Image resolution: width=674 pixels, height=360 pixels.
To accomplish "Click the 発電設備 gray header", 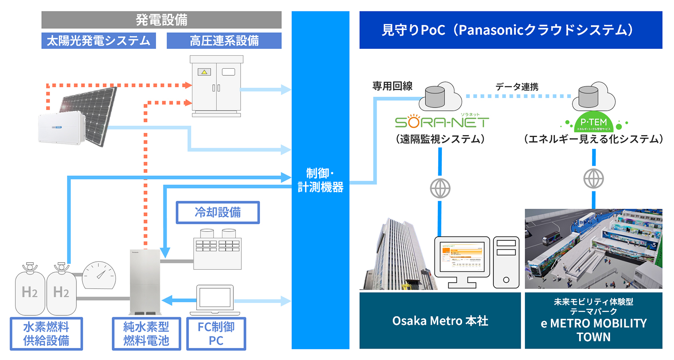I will [x=161, y=20].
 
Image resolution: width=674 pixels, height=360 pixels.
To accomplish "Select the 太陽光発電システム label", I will [x=99, y=41].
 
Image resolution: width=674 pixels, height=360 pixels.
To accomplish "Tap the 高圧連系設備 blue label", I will [x=224, y=41].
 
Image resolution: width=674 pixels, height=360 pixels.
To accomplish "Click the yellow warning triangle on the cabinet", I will [x=204, y=72].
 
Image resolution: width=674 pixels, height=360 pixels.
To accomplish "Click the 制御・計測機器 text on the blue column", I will [x=320, y=180].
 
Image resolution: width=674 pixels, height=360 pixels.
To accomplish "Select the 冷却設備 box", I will [x=217, y=212].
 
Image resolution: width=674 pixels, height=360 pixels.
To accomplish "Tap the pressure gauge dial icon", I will [x=99, y=275].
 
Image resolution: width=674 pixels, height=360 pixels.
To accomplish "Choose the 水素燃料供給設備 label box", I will [x=46, y=333].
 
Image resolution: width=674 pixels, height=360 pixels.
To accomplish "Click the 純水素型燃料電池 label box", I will [x=146, y=333].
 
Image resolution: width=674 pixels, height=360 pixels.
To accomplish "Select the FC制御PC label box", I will [x=216, y=333].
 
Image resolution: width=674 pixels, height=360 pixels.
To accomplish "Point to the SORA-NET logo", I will [x=441, y=122].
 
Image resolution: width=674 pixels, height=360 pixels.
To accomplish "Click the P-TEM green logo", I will [x=593, y=122].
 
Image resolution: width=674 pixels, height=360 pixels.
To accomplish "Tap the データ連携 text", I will [x=516, y=87].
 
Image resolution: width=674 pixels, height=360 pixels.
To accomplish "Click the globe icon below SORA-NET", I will [x=440, y=188].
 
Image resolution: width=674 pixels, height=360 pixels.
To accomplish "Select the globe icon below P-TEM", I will [x=593, y=179].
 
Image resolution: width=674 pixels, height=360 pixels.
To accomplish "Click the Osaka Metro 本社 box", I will [x=440, y=320].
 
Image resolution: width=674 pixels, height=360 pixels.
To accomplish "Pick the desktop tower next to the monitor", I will [x=506, y=262].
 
